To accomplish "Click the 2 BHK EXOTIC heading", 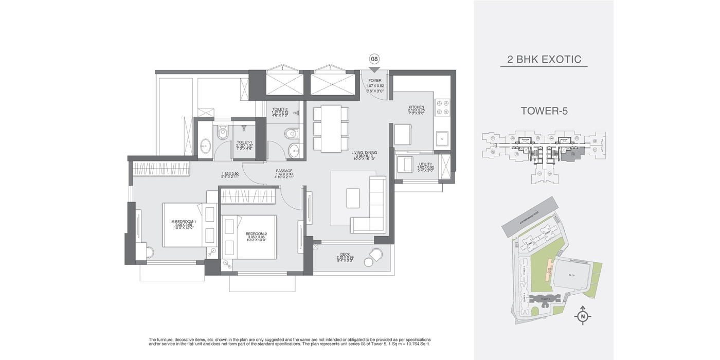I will click(544, 59).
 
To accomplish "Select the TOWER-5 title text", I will click(544, 111).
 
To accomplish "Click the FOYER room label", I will click(374, 81).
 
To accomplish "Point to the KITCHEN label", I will click(416, 107).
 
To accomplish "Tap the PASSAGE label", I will click(283, 171).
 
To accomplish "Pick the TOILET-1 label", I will click(244, 142).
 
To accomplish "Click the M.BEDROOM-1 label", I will click(184, 222).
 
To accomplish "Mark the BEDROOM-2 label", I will click(256, 233).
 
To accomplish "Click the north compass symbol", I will click(583, 316).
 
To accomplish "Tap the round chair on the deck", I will click(375, 256).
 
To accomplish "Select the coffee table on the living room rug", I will click(353, 198).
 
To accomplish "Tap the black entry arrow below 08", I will click(374, 69).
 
